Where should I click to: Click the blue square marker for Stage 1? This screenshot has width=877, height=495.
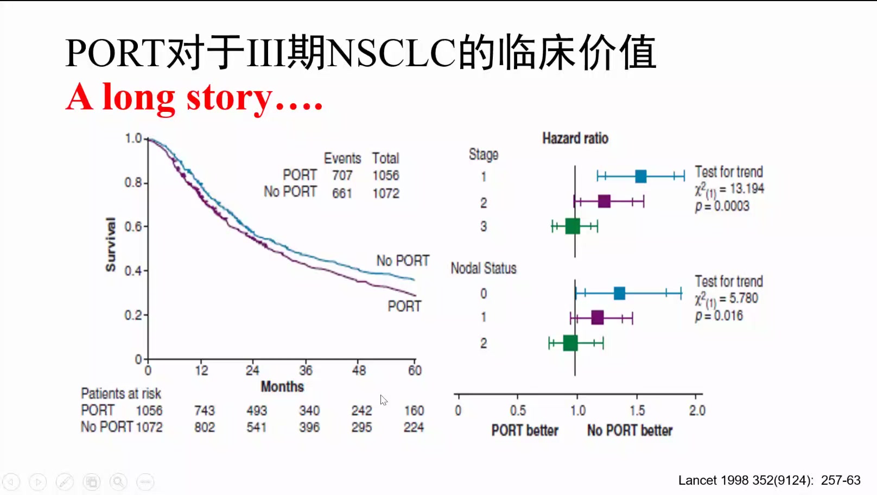coord(640,176)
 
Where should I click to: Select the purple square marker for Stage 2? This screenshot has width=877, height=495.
coord(604,201)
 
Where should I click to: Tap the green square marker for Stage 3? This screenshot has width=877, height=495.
coord(573,226)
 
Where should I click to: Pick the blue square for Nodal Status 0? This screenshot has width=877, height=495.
coord(619,293)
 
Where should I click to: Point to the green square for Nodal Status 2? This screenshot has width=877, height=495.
coord(570,343)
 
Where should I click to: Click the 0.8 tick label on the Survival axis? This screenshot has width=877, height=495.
coord(133,183)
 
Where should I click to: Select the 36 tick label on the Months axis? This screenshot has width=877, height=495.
coord(306,371)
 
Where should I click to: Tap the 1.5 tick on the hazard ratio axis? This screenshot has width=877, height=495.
coord(637,410)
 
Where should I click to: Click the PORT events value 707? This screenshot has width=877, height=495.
coord(342,175)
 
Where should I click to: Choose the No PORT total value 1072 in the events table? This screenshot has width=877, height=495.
coord(386,193)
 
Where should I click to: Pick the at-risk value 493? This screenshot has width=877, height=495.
coord(257,410)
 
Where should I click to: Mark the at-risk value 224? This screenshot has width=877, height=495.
coord(414,427)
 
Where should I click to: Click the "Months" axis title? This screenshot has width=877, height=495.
coord(282,387)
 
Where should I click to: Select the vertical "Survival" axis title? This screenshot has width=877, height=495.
coord(111,244)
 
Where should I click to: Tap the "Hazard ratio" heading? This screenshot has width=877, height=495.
coord(575,138)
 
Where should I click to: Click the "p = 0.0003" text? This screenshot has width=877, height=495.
coord(722,206)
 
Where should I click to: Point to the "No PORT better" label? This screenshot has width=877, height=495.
coord(630,430)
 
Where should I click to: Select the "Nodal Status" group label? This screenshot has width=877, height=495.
coord(484,268)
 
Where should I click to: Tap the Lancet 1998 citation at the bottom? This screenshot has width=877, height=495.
coord(770,480)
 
